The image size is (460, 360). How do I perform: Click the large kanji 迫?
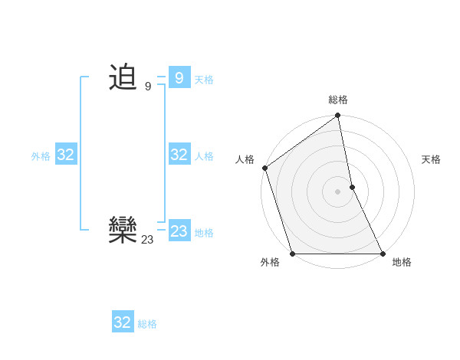(123, 77)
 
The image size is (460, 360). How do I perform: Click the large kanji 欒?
(123, 230)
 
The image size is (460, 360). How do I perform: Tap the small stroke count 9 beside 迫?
(148, 87)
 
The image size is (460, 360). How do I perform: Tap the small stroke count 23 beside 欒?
(147, 240)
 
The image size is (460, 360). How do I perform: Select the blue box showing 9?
(179, 77)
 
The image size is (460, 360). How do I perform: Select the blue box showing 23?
(179, 231)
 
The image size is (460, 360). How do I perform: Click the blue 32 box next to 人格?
(179, 155)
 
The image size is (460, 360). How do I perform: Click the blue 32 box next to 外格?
(65, 155)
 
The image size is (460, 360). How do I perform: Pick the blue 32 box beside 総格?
(123, 322)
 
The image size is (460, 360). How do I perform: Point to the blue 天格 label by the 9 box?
(204, 80)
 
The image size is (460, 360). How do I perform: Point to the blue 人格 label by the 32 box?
(204, 156)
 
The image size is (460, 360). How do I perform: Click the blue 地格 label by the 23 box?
(204, 233)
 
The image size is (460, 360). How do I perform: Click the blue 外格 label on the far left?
(41, 156)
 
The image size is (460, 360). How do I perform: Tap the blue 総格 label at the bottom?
(147, 324)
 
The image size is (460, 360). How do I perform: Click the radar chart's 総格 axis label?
(338, 100)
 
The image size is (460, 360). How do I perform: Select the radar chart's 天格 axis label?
(432, 159)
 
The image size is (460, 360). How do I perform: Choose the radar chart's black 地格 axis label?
(402, 262)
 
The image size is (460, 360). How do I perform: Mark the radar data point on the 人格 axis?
(264, 168)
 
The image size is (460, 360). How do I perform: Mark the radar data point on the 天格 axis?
(352, 187)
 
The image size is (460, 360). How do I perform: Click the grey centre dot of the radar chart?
(338, 191)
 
